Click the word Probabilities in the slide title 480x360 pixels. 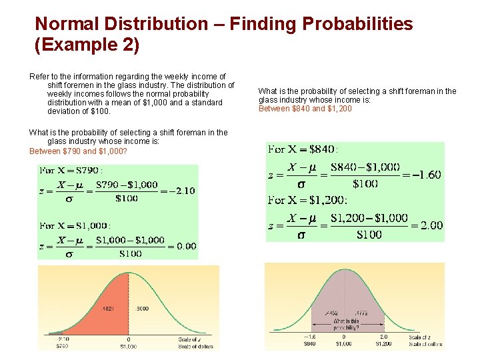click(x=357, y=24)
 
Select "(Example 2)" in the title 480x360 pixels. click(x=87, y=45)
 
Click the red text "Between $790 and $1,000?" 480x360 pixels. click(x=79, y=151)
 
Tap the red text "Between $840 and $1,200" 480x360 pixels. click(x=305, y=109)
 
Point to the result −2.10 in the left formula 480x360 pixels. click(x=180, y=190)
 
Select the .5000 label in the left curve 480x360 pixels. click(x=142, y=309)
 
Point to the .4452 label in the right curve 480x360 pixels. click(x=331, y=313)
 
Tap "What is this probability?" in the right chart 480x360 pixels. click(x=346, y=324)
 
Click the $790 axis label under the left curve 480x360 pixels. click(x=61, y=346)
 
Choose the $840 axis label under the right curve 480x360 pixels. click(x=310, y=344)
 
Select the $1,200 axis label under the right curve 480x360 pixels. click(x=383, y=344)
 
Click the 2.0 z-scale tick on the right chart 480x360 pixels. click(x=383, y=337)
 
